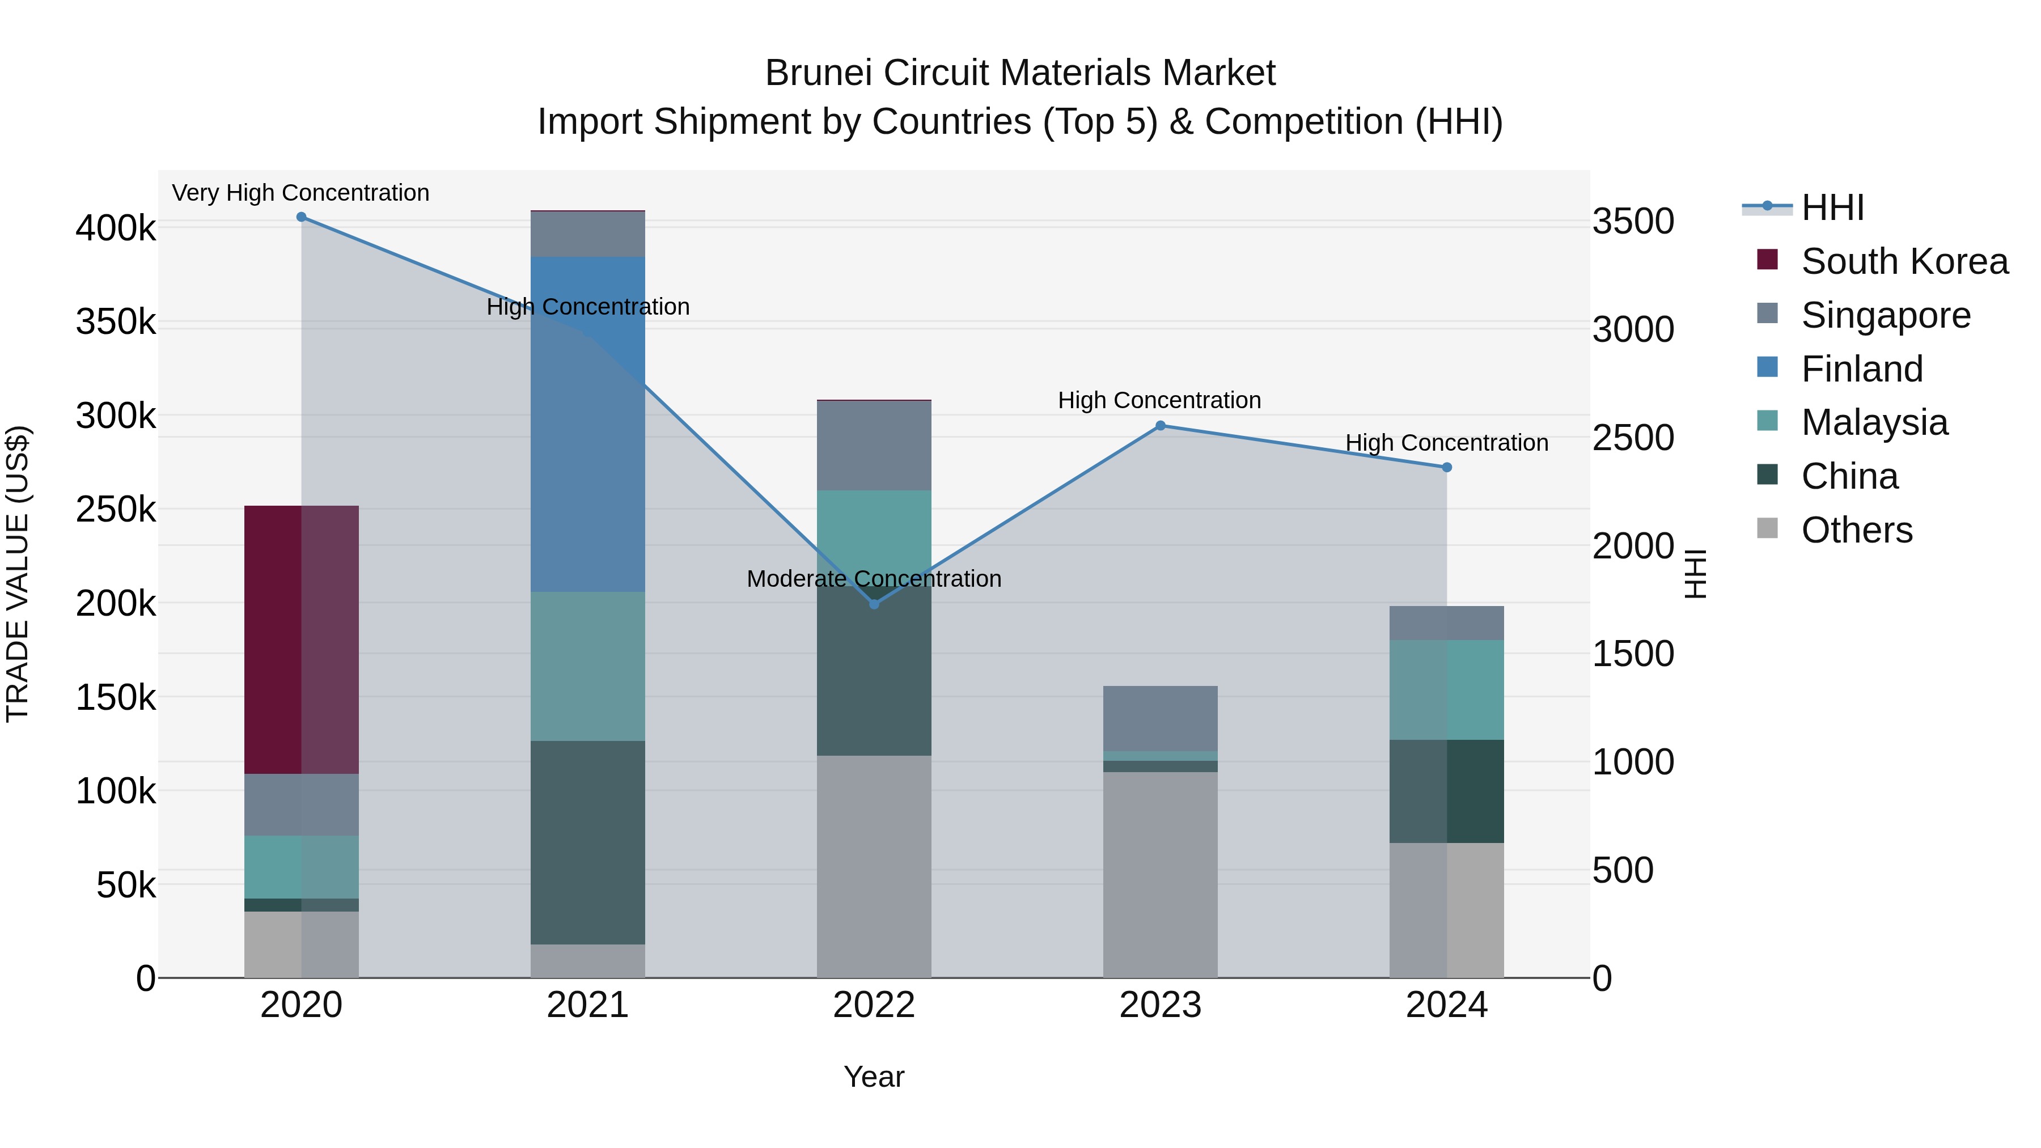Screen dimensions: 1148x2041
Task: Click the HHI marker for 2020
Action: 301,217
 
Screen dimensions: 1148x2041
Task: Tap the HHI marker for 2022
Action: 874,604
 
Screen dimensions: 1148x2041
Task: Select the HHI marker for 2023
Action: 1160,425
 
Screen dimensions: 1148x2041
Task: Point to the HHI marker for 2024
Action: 1447,468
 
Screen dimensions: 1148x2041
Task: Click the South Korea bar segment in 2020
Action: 301,639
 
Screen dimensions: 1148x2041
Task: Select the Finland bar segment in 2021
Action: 588,424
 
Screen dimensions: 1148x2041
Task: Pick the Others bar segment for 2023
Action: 1160,875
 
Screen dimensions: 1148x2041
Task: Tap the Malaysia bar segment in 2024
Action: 1447,689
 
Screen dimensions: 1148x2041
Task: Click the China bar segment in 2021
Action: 588,842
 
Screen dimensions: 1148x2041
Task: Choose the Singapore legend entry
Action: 1886,315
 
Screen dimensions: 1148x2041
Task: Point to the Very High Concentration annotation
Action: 300,193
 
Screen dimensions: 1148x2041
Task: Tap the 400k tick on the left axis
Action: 116,229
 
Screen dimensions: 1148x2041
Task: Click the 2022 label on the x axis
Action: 874,1005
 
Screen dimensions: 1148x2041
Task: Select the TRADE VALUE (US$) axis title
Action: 18,574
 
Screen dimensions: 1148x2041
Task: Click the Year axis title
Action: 874,1077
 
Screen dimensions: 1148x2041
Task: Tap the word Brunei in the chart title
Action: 818,73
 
